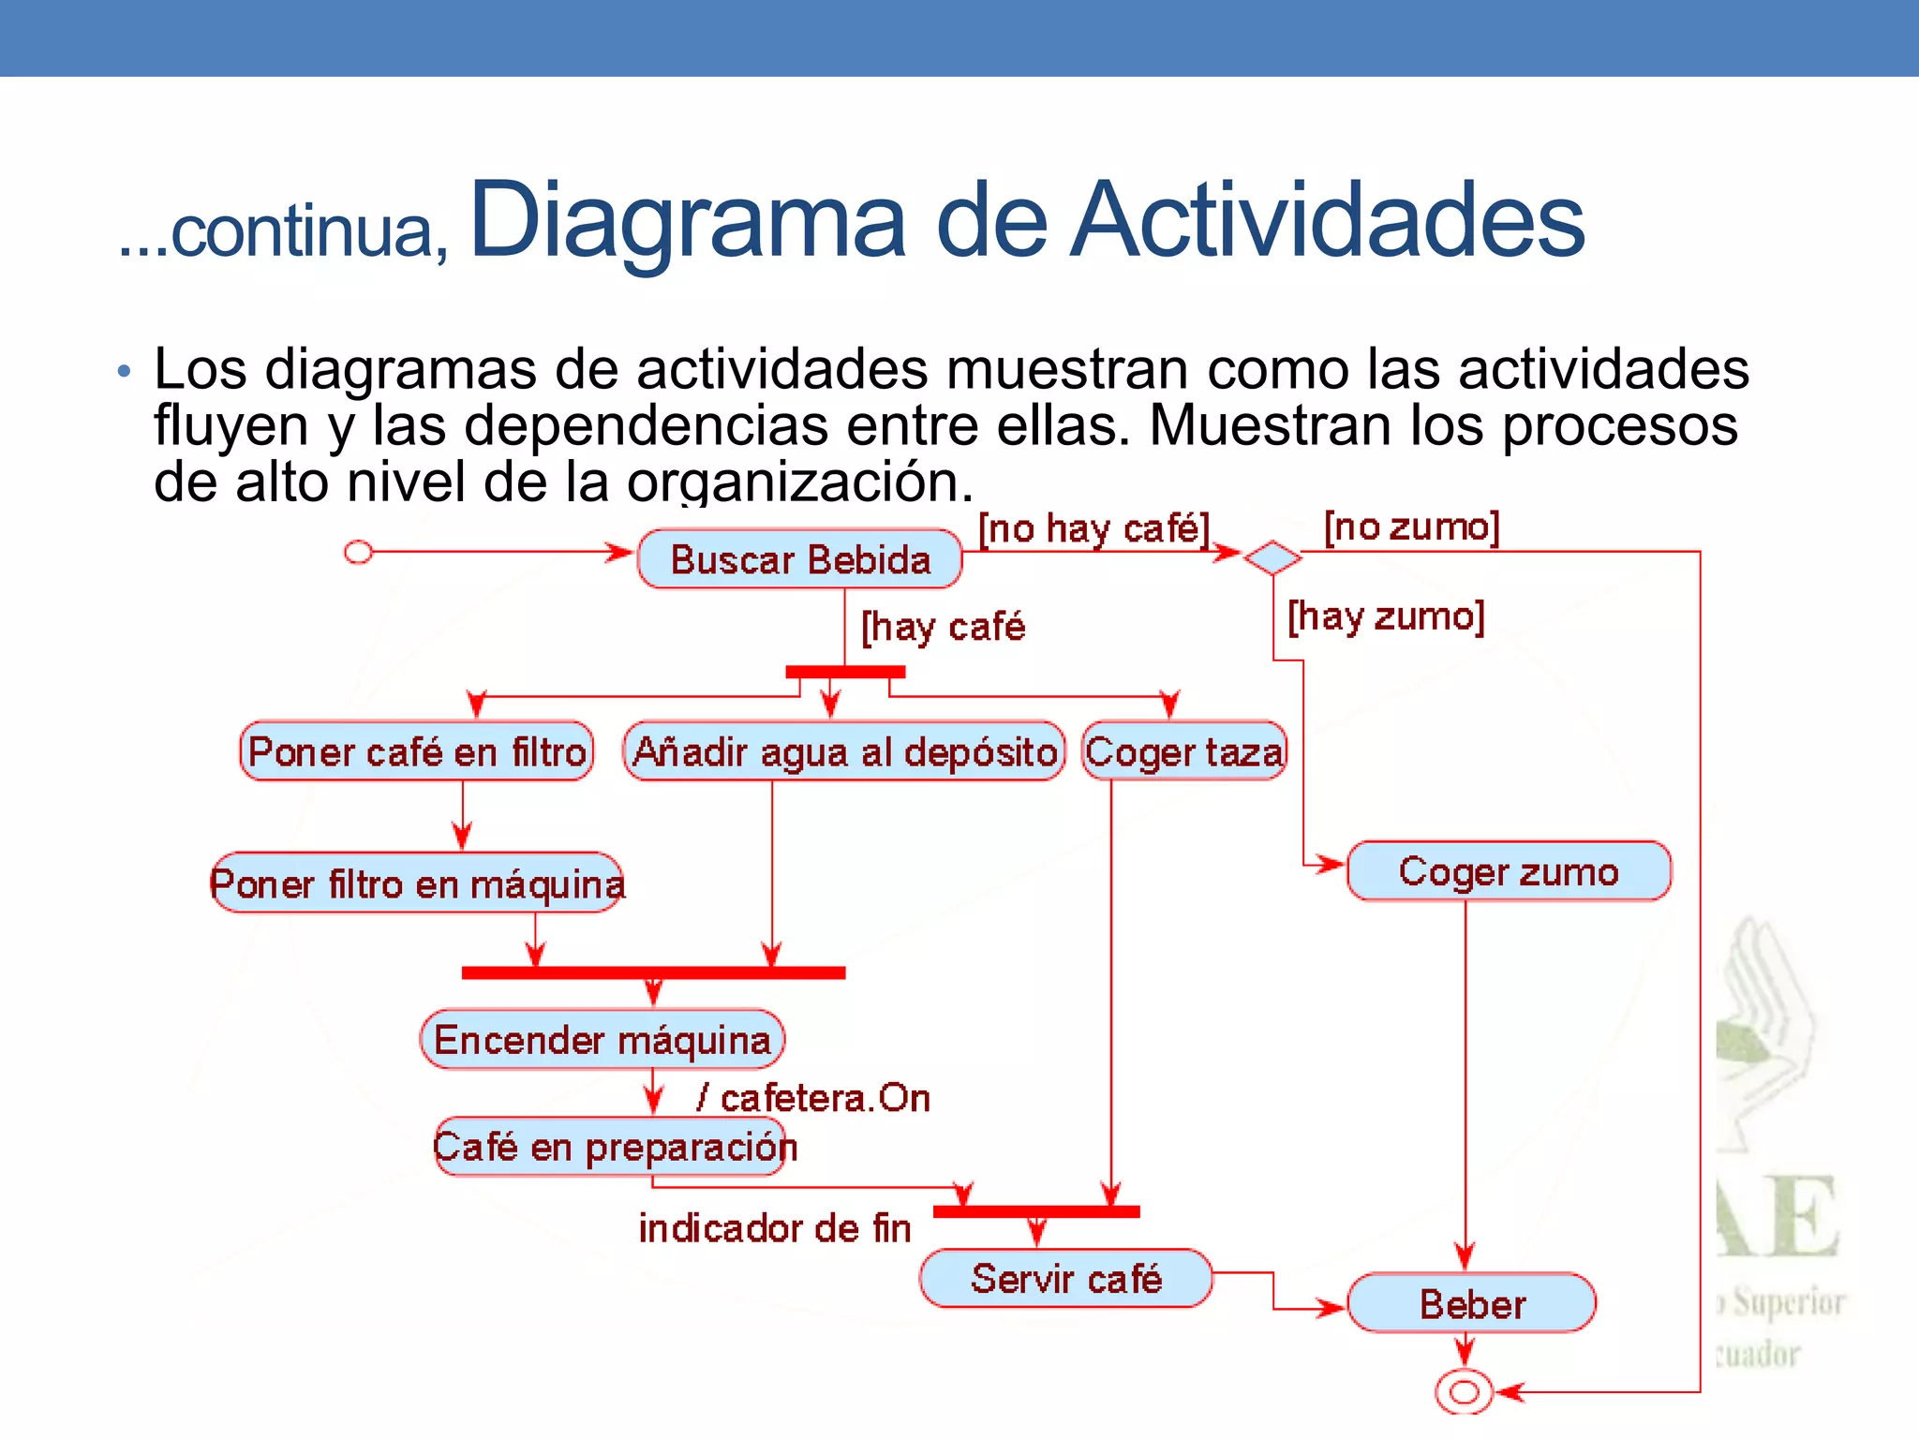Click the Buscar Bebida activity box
(799, 559)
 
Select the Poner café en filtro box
(417, 751)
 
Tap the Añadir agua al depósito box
(844, 751)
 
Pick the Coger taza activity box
(1184, 751)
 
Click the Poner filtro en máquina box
(417, 883)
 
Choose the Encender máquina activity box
(602, 1040)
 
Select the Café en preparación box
(616, 1147)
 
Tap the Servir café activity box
(1065, 1279)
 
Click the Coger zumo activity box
(1509, 871)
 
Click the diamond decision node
(1272, 558)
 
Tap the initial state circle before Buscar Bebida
(358, 553)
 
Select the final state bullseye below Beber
(1465, 1392)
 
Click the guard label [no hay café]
(1094, 529)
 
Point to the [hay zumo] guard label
(1386, 617)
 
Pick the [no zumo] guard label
(1412, 527)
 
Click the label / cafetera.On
(813, 1098)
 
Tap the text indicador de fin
(775, 1228)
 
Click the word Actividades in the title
(1327, 221)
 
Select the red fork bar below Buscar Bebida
(845, 672)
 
